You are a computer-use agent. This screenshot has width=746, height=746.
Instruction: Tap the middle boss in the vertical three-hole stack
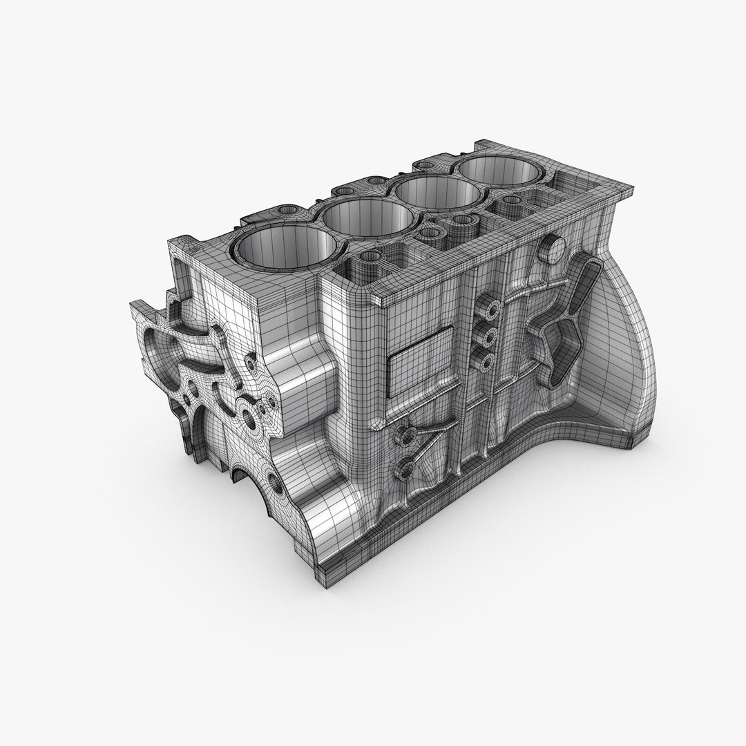490,337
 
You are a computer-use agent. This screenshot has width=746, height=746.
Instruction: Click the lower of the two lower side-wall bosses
402,471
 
